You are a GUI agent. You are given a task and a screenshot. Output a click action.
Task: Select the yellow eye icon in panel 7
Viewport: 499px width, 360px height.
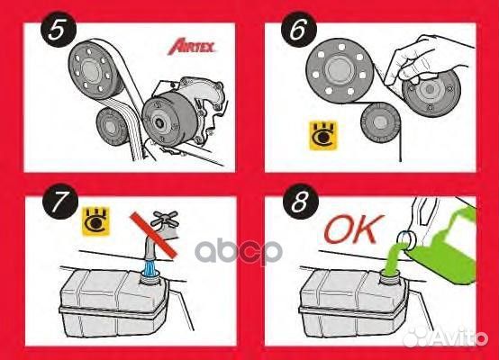[x=92, y=217]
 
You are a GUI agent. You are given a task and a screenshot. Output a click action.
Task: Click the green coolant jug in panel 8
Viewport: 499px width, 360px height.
[x=459, y=243]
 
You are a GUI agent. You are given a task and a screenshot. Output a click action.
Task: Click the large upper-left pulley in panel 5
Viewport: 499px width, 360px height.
[x=95, y=68]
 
